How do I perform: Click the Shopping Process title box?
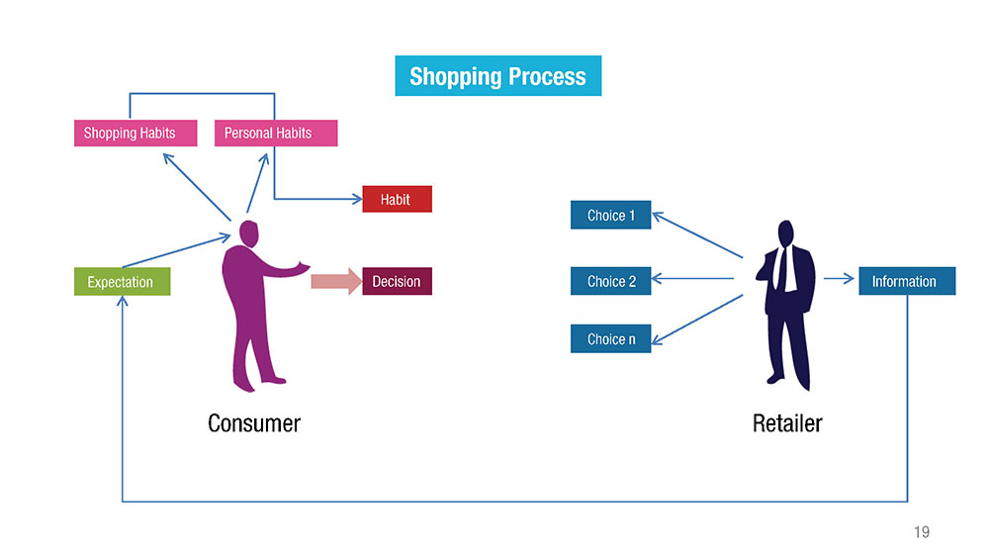(497, 76)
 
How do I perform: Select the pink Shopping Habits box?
(135, 134)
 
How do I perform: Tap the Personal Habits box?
(276, 134)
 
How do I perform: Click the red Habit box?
(397, 199)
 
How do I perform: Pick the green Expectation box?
(122, 281)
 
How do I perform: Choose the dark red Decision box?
(397, 281)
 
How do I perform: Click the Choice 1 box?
(610, 215)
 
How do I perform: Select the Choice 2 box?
(610, 281)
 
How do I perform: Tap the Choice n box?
(610, 338)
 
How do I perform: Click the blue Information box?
(907, 281)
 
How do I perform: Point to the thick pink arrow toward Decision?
(336, 281)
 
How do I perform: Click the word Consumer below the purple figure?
(254, 423)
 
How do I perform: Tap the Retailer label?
(787, 423)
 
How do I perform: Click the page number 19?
(922, 531)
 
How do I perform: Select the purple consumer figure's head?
(249, 233)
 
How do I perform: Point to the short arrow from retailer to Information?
(839, 278)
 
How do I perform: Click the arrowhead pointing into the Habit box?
(357, 199)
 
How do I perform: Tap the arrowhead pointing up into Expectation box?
(123, 301)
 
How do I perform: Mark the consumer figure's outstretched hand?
(304, 267)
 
